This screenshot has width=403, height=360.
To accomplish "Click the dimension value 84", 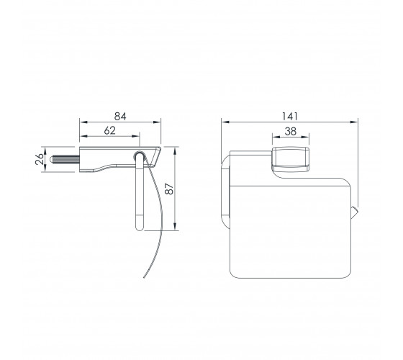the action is click(x=120, y=117).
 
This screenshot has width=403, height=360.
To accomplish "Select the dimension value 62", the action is click(x=109, y=130).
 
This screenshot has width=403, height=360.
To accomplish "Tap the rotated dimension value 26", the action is click(x=40, y=159).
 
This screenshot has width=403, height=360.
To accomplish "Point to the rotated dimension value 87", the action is click(x=169, y=189).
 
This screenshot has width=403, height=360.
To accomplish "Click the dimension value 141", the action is click(x=289, y=116).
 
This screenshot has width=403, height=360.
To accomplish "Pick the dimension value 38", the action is click(x=291, y=131).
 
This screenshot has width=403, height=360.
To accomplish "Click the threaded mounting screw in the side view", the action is click(x=65, y=159).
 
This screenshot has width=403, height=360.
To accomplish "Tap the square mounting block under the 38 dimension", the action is click(x=291, y=159).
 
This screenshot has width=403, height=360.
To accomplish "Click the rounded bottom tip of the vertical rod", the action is click(x=139, y=228).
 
